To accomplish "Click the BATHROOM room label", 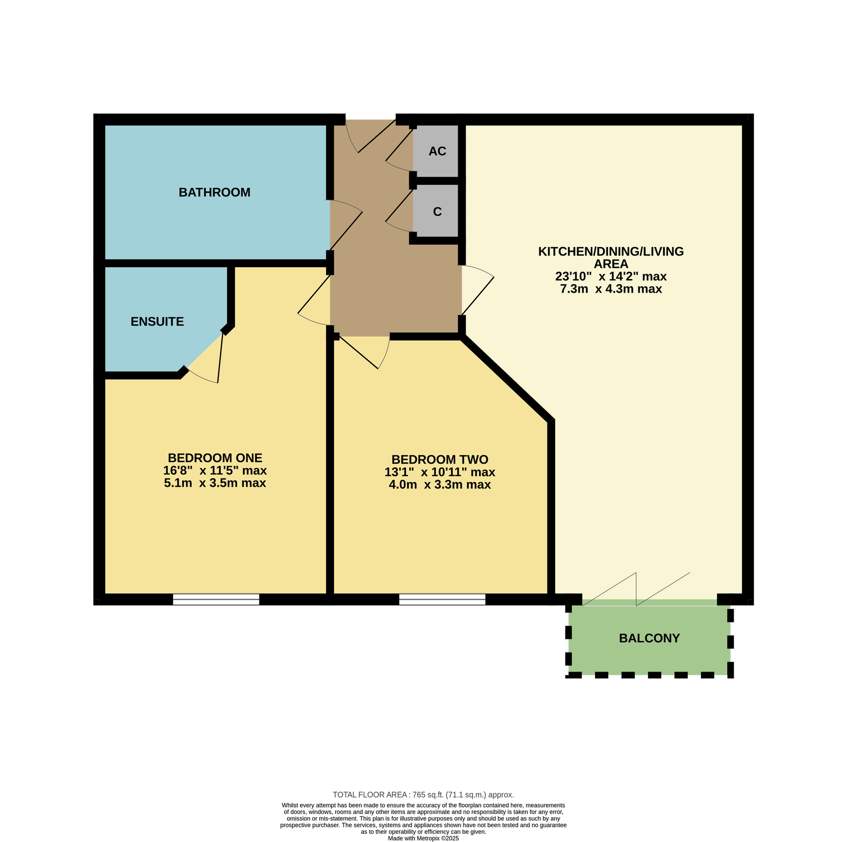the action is pyautogui.click(x=214, y=193).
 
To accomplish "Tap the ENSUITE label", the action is pyautogui.click(x=157, y=322).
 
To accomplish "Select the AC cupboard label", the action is pyautogui.click(x=437, y=151).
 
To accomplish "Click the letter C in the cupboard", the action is pyautogui.click(x=437, y=212).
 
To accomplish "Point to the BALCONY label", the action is pyautogui.click(x=650, y=638).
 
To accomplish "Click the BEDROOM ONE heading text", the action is pyautogui.click(x=215, y=458).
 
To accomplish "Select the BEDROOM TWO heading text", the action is pyautogui.click(x=440, y=459).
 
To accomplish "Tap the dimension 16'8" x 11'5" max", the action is pyautogui.click(x=215, y=470).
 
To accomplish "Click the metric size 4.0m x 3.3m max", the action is pyautogui.click(x=440, y=485).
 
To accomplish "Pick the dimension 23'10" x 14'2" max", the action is pyautogui.click(x=611, y=276).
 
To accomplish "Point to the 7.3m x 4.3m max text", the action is pyautogui.click(x=611, y=289).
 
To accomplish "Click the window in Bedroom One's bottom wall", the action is pyautogui.click(x=216, y=600).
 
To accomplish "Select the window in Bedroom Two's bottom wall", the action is pyautogui.click(x=442, y=600).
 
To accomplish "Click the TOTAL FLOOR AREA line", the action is pyautogui.click(x=424, y=794).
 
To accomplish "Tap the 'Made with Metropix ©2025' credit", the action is pyautogui.click(x=424, y=838).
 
